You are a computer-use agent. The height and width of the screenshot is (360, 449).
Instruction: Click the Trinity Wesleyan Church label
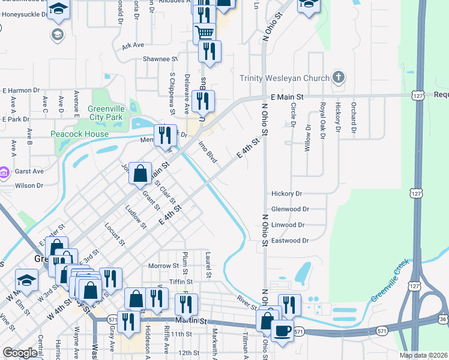click(285, 78)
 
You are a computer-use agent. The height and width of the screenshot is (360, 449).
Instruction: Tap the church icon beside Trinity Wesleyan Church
click(339, 77)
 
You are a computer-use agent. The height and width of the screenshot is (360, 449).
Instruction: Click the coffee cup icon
click(282, 331)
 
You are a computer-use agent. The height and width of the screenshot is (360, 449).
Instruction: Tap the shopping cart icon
click(205, 33)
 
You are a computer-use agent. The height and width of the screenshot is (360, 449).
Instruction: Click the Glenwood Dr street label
click(290, 209)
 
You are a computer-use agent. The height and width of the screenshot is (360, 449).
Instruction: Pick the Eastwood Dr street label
click(290, 240)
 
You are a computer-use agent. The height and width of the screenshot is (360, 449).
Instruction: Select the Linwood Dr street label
click(289, 224)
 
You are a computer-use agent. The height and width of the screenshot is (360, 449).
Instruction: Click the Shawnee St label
click(160, 59)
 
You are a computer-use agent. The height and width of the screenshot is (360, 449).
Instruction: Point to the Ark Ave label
click(133, 45)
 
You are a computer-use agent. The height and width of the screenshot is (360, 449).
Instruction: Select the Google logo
click(20, 353)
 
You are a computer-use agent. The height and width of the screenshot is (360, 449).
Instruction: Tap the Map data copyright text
click(424, 355)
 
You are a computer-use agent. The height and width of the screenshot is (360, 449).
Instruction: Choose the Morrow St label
click(164, 265)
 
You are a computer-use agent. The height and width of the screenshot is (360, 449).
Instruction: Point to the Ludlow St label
click(135, 217)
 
